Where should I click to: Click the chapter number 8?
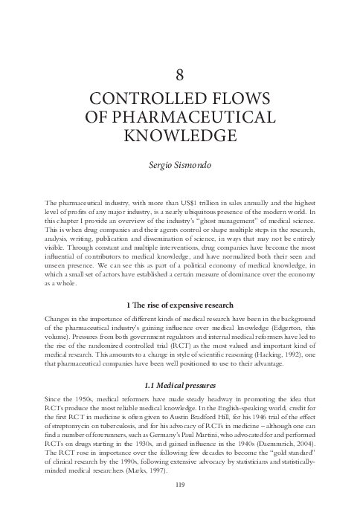click(179, 74)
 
